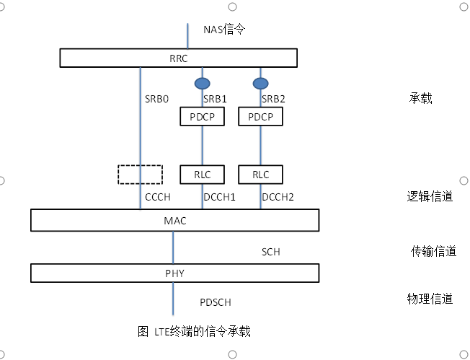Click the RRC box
pyautogui.click(x=177, y=57)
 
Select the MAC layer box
pyautogui.click(x=174, y=220)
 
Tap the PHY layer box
pyautogui.click(x=174, y=273)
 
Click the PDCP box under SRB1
pyautogui.click(x=202, y=116)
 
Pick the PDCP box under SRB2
pyautogui.click(x=260, y=116)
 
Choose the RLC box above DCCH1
pyautogui.click(x=202, y=174)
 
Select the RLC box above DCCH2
pyautogui.click(x=260, y=174)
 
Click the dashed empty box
pyautogui.click(x=140, y=174)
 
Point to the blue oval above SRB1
pyautogui.click(x=202, y=82)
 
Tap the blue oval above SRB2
pyautogui.click(x=260, y=82)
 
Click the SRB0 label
pyautogui.click(x=157, y=99)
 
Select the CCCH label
pyautogui.click(x=157, y=196)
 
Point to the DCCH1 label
pyautogui.click(x=219, y=196)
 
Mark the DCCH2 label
pyautogui.click(x=279, y=196)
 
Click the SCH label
pyautogui.click(x=270, y=252)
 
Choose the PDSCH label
pyautogui.click(x=215, y=302)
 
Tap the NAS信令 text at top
pyautogui.click(x=225, y=30)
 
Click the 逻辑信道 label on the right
pyautogui.click(x=430, y=196)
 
